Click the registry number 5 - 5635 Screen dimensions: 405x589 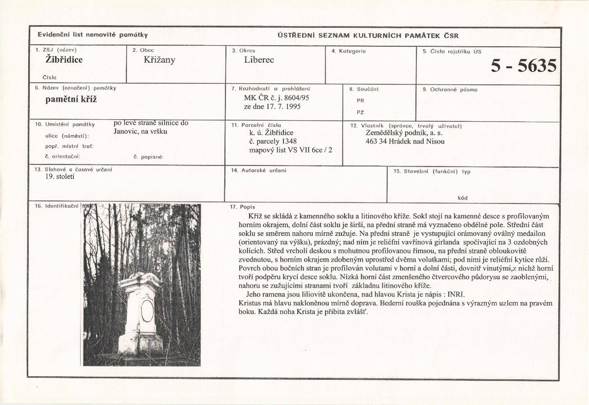524,66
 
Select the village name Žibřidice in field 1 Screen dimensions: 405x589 64,60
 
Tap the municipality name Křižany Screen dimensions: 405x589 160,60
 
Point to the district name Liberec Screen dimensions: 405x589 259,60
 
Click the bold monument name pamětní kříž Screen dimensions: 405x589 71,99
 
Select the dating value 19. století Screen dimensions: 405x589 60,177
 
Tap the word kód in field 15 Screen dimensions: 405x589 462,198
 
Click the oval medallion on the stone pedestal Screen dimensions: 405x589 147,310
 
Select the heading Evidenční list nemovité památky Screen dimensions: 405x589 92,35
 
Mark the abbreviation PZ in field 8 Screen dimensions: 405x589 360,112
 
